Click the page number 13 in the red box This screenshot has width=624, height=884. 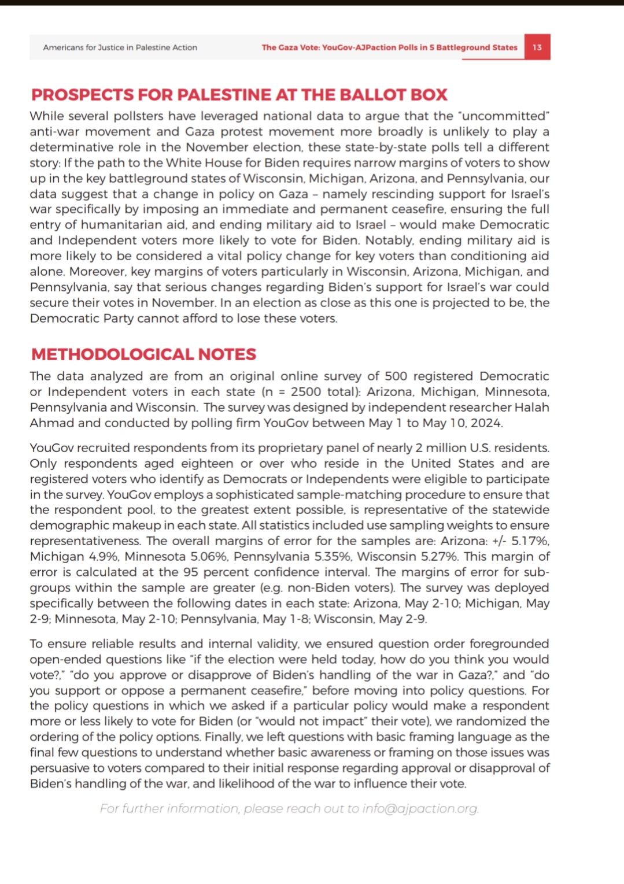pyautogui.click(x=537, y=47)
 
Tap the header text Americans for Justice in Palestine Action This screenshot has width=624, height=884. pyautogui.click(x=120, y=47)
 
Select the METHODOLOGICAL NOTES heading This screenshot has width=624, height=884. pyautogui.click(x=143, y=354)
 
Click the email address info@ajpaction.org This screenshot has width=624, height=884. pyautogui.click(x=420, y=808)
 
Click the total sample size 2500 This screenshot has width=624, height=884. pyautogui.click(x=306, y=392)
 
